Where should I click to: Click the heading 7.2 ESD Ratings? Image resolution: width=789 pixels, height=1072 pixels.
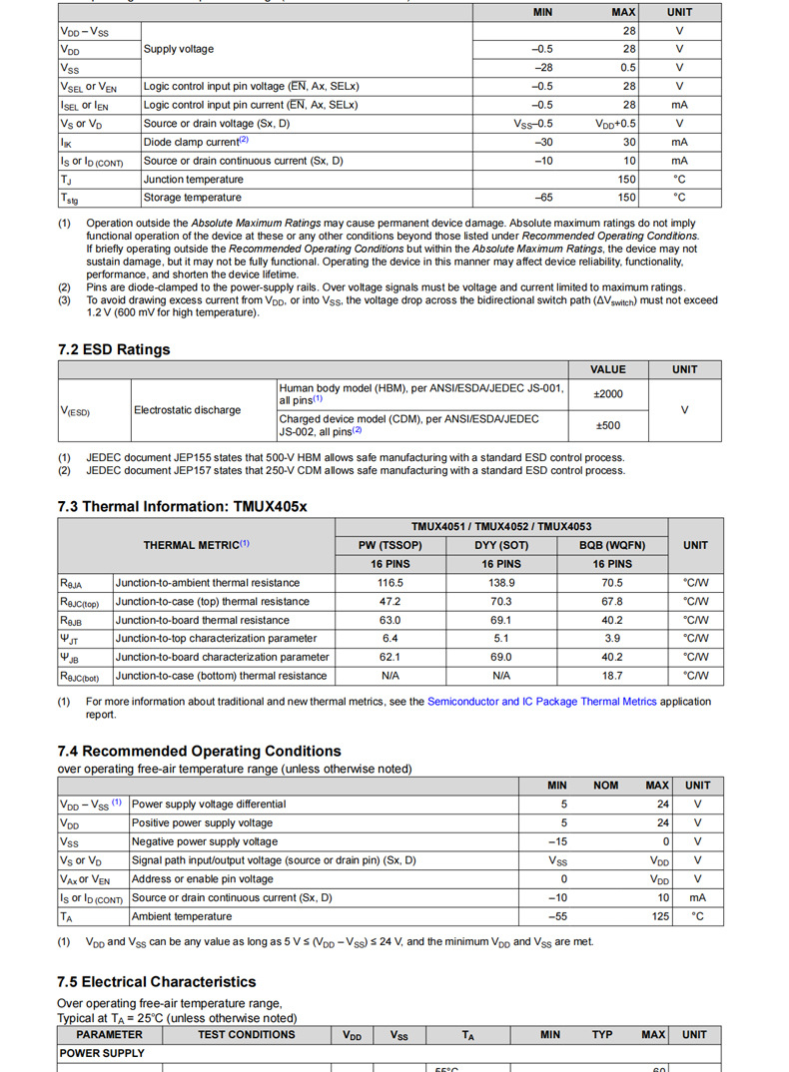click(114, 349)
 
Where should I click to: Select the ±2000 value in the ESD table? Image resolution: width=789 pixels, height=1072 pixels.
click(607, 394)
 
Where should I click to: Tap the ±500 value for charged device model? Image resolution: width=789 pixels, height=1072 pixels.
click(607, 425)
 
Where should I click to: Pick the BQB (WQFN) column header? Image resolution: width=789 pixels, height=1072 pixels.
click(612, 545)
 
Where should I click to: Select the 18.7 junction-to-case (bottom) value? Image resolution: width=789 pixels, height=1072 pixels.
click(612, 676)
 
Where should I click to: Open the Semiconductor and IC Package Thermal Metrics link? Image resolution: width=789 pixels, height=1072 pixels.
click(542, 702)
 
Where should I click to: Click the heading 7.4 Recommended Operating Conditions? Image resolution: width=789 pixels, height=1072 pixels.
click(199, 751)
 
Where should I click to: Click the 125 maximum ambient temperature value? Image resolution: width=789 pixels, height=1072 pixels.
click(660, 916)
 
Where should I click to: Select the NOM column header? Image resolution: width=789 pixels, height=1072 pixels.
click(605, 786)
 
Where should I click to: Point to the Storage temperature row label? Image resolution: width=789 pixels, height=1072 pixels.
click(193, 198)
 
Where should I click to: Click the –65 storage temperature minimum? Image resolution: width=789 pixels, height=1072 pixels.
click(543, 198)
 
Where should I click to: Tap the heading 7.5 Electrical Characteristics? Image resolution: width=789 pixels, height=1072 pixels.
click(157, 981)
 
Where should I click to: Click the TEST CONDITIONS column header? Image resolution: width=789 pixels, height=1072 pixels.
click(246, 1035)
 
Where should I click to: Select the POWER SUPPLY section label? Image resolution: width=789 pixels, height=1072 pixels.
click(103, 1053)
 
